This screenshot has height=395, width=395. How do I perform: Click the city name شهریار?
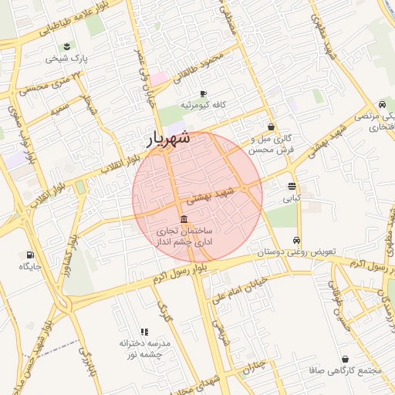tap(172, 140)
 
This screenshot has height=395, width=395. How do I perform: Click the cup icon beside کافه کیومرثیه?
tap(203, 92)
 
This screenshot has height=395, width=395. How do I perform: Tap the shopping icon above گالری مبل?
tap(271, 127)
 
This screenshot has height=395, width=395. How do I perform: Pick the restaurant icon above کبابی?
tap(291, 186)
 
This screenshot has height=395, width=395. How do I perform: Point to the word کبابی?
tap(290, 198)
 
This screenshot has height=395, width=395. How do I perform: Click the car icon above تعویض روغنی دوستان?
tap(298, 239)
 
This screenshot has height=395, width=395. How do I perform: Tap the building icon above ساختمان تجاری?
tap(183, 218)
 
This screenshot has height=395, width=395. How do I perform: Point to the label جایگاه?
tap(30, 266)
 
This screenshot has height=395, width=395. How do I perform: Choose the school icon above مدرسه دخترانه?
tap(144, 331)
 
